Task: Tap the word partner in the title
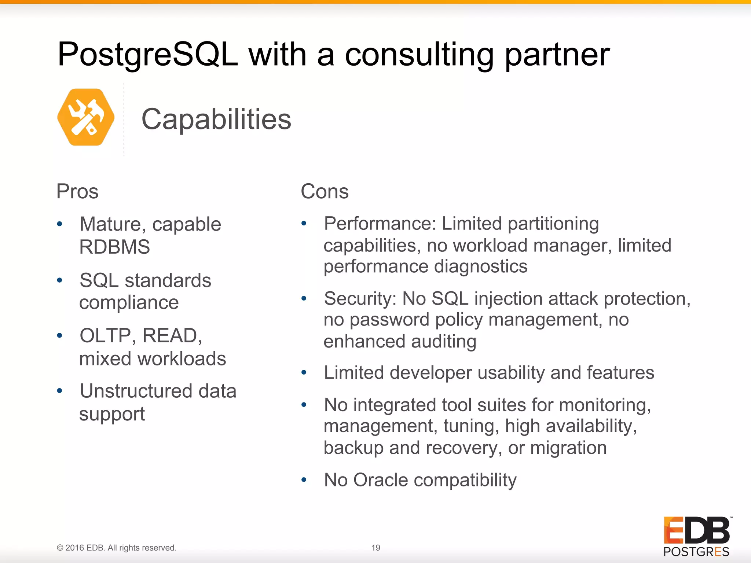557,55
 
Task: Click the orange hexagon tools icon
86,117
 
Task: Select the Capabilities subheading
216,119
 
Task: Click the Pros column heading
77,191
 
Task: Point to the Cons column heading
325,191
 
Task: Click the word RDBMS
114,247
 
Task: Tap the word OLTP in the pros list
105,335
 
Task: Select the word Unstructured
136,391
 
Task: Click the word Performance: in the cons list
380,224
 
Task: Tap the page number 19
375,548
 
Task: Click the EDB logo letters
696,530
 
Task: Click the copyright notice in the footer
117,548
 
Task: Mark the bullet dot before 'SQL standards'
60,281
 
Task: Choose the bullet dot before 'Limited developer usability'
304,373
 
